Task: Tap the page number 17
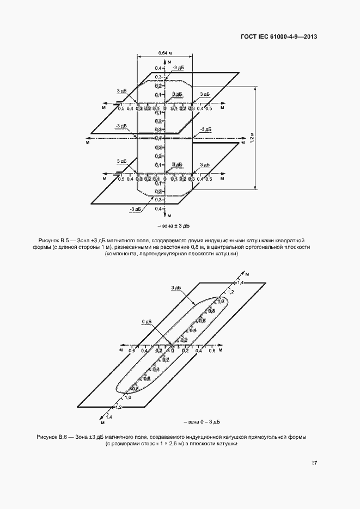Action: [314, 463]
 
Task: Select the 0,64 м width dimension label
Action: [165, 52]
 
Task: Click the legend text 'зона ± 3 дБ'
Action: [174, 225]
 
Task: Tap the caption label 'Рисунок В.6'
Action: [51, 437]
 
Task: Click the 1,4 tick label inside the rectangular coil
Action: [240, 284]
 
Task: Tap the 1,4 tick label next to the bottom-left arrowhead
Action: [108, 417]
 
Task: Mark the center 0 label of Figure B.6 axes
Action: [172, 351]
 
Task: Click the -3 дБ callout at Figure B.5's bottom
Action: [136, 209]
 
